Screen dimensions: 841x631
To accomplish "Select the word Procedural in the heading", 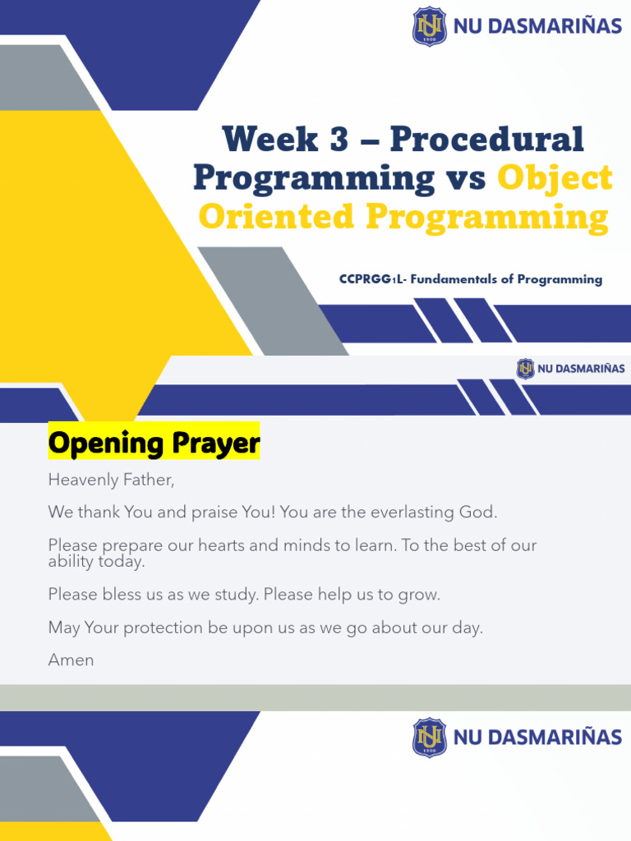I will [486, 140].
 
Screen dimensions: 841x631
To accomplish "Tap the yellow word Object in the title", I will [555, 178].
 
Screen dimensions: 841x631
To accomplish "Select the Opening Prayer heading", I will [154, 443].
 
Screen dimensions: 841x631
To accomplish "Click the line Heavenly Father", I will [112, 479].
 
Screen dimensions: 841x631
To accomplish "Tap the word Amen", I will [71, 659].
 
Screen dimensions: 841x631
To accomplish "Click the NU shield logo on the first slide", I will [430, 26].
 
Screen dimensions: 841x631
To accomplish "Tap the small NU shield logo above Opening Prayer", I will [525, 369].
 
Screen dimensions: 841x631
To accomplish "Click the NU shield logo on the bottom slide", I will [430, 737].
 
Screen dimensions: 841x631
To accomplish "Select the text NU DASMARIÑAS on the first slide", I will [537, 26].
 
